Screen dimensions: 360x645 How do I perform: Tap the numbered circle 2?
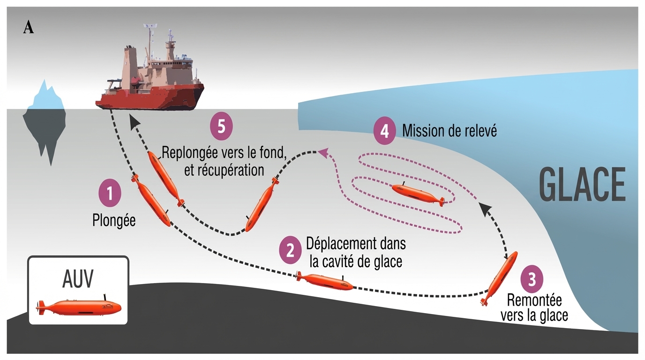(x=291, y=250)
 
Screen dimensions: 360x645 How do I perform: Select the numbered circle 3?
(x=532, y=279)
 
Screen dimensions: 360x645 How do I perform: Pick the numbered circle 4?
(x=384, y=131)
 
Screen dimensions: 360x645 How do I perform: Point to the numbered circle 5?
(x=221, y=127)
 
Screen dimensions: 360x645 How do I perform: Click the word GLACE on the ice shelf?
(x=582, y=184)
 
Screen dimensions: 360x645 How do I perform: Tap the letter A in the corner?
(x=28, y=28)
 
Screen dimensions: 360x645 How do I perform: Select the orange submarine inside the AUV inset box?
(x=79, y=307)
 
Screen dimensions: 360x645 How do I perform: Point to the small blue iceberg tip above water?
(x=45, y=97)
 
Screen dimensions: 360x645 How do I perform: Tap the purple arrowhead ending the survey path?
(x=322, y=152)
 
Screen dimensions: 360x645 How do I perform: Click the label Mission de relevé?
(x=450, y=131)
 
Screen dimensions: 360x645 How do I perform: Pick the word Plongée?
(x=114, y=220)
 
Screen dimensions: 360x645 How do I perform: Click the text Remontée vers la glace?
(x=534, y=307)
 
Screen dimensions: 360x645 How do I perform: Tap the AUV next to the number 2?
(x=325, y=281)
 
